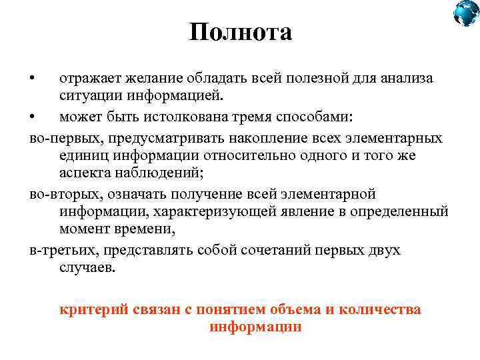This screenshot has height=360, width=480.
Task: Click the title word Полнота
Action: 240,32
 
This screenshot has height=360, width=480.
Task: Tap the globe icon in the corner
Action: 466,13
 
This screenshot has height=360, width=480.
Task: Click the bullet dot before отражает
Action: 32,79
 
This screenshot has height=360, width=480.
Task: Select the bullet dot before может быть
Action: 32,117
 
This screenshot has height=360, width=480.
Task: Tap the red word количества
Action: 379,310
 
